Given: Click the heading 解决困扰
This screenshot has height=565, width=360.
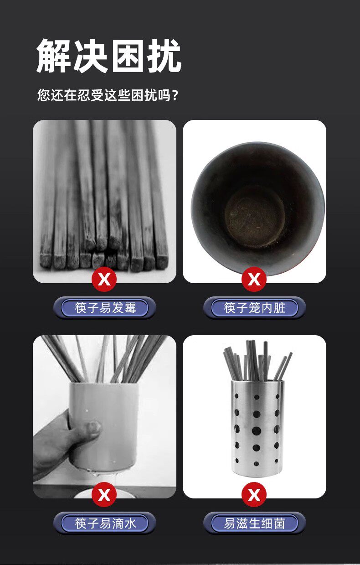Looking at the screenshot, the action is pos(109,56).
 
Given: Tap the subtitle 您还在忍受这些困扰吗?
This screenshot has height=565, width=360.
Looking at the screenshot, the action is pos(108,95).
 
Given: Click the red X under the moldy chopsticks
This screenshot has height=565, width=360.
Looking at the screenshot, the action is pos(104,279).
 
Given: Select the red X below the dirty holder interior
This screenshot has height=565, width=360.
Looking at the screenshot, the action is pos(254,279).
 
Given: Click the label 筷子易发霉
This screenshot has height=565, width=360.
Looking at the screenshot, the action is pos(105,308).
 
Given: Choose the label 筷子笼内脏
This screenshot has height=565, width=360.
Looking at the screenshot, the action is pos(255,308).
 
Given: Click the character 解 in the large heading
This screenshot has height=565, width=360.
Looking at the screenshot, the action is pos(53,56).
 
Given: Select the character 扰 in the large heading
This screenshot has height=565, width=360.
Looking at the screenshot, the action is pos(165,56).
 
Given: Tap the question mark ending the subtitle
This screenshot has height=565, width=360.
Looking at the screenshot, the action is pos(176,95).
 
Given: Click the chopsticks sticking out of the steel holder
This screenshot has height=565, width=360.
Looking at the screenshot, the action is pos(257,361).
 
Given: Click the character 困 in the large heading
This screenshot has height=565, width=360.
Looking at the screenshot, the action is pos(128,56).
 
